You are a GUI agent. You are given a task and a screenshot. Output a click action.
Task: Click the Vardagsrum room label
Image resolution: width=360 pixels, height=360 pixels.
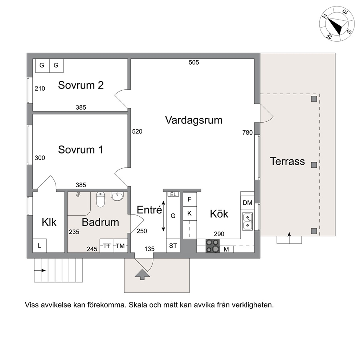tap(194, 120)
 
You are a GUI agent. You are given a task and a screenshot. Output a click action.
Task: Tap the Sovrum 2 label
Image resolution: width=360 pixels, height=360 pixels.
tap(81, 85)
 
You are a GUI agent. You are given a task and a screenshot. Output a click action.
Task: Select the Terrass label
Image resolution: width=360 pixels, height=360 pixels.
tap(287, 161)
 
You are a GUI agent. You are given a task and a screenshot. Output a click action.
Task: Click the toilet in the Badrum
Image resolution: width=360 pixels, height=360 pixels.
tap(100, 199)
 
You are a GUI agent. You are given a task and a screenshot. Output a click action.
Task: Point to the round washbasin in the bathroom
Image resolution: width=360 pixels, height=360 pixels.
tap(117, 197)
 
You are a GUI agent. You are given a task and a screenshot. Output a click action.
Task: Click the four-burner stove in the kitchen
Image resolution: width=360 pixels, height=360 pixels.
tap(212, 246)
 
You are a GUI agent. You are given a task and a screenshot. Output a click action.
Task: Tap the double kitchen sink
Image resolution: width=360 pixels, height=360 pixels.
tap(247, 221)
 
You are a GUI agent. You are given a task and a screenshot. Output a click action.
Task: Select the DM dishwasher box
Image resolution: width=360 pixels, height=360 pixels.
tap(247, 203)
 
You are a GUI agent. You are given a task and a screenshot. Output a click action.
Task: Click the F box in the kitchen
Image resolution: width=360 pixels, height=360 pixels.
tap(190, 199)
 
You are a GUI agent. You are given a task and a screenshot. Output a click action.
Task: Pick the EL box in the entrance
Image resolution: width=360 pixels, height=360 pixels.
tap(173, 194)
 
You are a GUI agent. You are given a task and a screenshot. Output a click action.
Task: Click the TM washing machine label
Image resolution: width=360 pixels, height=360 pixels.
tap(120, 246)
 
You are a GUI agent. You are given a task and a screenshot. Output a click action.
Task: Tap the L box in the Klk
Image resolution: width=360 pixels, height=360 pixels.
tap(40, 246)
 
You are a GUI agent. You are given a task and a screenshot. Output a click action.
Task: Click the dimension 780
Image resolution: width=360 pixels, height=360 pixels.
tap(247, 132)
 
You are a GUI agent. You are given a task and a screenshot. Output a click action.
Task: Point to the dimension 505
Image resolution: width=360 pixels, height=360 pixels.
tap(194, 62)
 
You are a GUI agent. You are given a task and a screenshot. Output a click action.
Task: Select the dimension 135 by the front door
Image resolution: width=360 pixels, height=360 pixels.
tap(150, 249)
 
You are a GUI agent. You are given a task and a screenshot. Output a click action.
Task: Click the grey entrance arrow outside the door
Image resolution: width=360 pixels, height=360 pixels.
tap(142, 275)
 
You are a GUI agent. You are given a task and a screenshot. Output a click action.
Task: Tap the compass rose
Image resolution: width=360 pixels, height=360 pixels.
tap(337, 24)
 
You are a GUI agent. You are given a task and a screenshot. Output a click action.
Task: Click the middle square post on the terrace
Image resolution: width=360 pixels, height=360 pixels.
tap(314, 165)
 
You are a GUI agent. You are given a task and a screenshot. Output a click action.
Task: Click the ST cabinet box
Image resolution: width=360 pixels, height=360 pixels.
tap(173, 246)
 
